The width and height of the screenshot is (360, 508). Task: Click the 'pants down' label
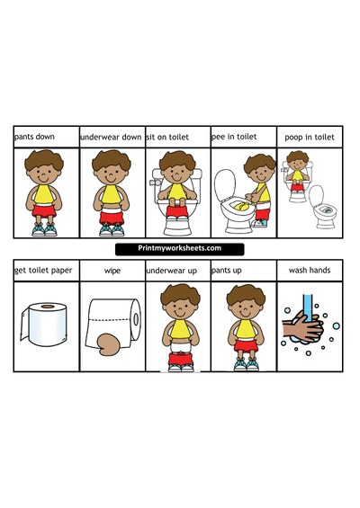34,137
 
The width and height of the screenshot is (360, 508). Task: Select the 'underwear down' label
111,137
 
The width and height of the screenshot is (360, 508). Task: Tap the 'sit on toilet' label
167,137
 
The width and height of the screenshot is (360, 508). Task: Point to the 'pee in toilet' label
234,137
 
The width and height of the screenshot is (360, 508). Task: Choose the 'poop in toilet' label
310,138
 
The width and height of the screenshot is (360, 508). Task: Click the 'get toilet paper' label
43,271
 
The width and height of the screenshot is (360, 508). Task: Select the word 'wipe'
112,271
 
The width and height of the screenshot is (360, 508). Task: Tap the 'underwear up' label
172,271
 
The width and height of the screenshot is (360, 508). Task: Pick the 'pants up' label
227,271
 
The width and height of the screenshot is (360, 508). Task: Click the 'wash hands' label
310,271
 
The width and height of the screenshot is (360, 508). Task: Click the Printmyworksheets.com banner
180,249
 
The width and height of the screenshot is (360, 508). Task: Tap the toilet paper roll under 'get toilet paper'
44,325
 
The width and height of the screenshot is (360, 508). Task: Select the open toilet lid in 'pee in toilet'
225,185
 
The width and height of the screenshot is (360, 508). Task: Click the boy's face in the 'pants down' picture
44,175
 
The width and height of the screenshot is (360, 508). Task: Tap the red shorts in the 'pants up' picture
246,345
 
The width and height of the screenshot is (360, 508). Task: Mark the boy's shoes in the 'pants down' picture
44,230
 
